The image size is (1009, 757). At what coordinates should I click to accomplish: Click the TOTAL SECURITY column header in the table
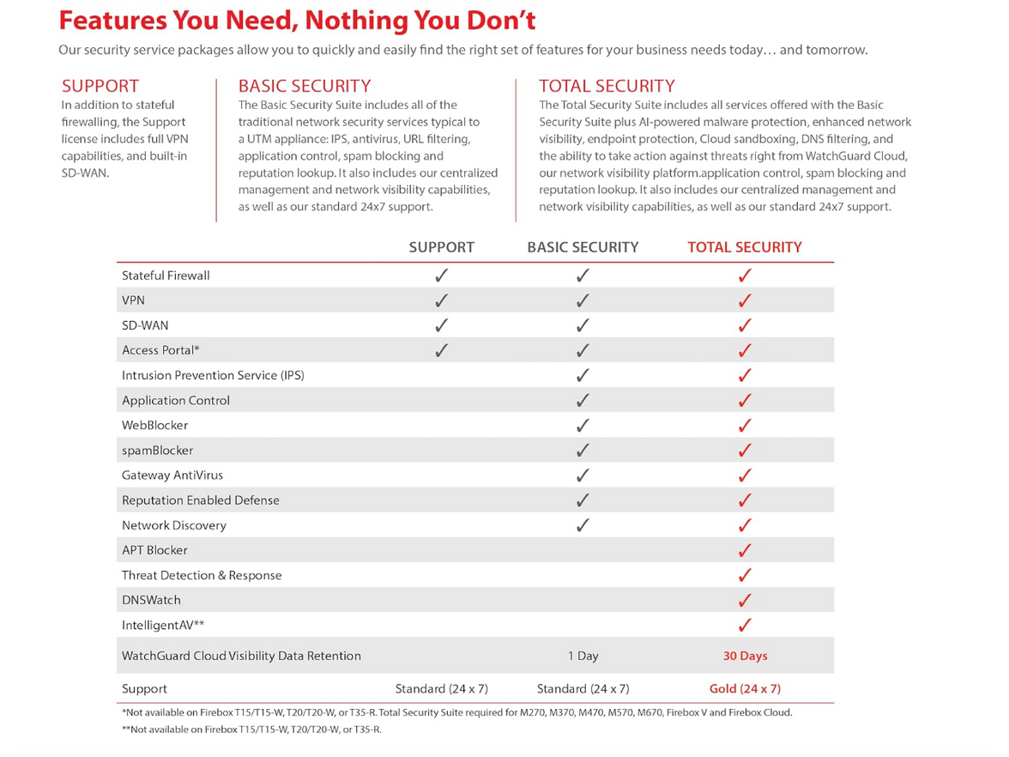(744, 247)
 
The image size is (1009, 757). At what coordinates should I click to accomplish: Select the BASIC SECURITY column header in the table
(583, 247)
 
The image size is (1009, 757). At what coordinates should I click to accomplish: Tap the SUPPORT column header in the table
(441, 247)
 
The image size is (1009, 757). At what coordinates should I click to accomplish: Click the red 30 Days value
(745, 656)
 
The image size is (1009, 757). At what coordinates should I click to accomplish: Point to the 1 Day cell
(583, 656)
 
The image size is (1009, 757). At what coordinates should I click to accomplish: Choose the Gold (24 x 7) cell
(745, 688)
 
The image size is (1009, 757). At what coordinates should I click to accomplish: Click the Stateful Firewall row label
(166, 276)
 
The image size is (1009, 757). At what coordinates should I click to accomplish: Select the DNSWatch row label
(151, 600)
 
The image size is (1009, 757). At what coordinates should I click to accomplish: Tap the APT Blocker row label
(154, 550)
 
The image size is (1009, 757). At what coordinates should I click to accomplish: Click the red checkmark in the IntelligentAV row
(745, 625)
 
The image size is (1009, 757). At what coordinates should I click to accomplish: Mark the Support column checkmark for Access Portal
(442, 350)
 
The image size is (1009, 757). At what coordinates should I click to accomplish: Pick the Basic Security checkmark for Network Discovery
(583, 525)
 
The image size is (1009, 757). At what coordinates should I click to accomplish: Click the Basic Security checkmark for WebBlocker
(583, 426)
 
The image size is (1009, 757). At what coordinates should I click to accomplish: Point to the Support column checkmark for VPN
(442, 300)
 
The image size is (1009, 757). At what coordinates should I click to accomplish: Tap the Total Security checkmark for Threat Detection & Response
(745, 575)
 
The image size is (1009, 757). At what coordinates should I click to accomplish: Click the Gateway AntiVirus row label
(172, 475)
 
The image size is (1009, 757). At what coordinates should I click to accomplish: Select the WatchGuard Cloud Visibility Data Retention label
(241, 656)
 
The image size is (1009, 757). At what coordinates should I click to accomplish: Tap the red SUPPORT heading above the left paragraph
(100, 86)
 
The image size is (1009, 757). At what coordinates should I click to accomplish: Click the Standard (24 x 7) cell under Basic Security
(583, 688)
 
